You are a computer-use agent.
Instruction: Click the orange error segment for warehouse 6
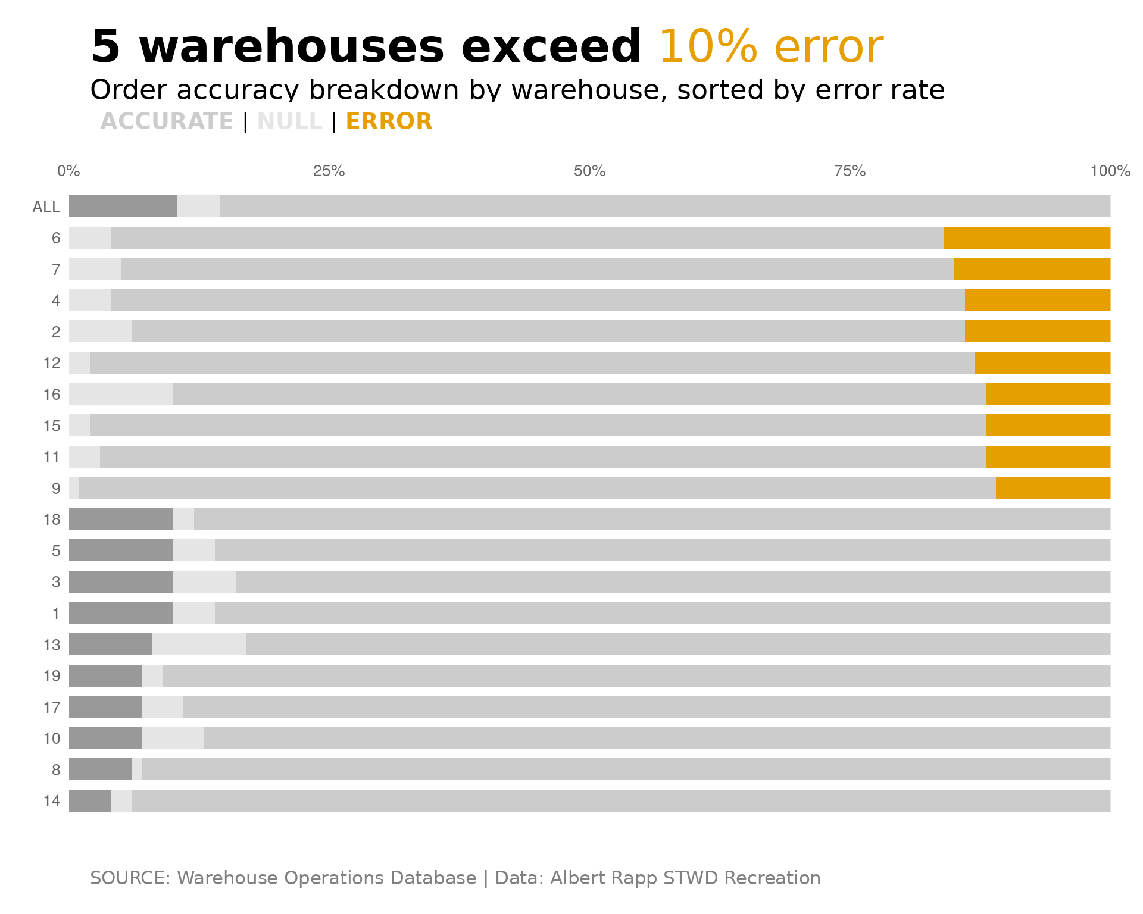[x=1027, y=237]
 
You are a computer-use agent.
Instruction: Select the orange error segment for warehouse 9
[x=1053, y=488]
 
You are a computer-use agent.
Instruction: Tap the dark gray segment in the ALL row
[x=123, y=206]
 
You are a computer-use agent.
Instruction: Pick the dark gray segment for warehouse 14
[x=89, y=800]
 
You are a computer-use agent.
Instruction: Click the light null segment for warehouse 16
[x=121, y=394]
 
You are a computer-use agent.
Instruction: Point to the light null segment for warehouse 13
[x=199, y=644]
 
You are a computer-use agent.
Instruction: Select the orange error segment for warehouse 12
[x=1042, y=362]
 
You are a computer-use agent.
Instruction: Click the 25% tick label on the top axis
[x=329, y=171]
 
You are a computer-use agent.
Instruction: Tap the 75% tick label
[x=850, y=171]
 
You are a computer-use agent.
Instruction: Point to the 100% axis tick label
[x=1110, y=171]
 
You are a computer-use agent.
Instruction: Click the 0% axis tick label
[x=68, y=171]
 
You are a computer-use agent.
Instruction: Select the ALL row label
[x=46, y=207]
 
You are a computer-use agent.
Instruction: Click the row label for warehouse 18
[x=52, y=519]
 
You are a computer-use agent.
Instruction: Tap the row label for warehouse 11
[x=52, y=457]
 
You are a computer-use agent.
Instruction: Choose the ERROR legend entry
[x=389, y=121]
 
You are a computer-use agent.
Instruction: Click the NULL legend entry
[x=289, y=121]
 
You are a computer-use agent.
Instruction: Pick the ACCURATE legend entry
[x=167, y=121]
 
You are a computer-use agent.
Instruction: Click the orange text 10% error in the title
[x=770, y=46]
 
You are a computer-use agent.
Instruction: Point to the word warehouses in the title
[x=291, y=46]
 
